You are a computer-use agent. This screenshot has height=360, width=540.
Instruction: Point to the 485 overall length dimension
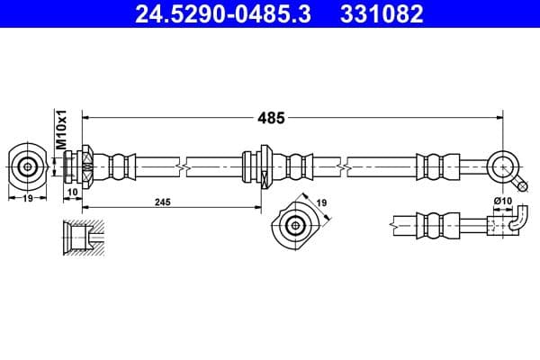(271, 117)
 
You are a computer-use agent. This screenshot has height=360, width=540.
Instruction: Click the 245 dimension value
(162, 203)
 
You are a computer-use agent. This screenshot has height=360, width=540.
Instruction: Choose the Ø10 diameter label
(501, 202)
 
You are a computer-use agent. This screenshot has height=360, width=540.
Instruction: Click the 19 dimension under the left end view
(28, 199)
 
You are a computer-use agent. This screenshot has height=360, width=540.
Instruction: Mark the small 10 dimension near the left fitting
(72, 193)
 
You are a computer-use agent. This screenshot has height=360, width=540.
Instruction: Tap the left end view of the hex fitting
(28, 166)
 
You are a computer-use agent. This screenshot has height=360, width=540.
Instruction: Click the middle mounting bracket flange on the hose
(265, 166)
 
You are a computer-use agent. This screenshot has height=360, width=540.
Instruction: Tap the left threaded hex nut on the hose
(87, 166)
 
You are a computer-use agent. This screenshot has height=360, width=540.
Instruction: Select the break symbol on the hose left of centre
(184, 166)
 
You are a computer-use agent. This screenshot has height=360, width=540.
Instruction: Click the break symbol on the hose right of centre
(345, 166)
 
